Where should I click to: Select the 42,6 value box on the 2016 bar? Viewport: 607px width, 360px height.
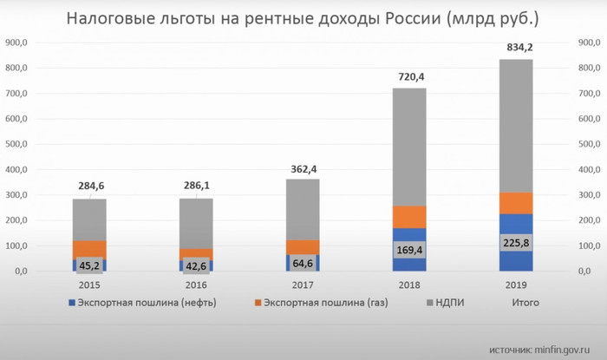point(195,265)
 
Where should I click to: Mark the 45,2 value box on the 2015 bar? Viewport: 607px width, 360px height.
point(89,265)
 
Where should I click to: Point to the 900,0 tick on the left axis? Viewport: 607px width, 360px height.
point(16,43)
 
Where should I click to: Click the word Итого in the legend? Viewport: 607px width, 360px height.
point(523,303)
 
